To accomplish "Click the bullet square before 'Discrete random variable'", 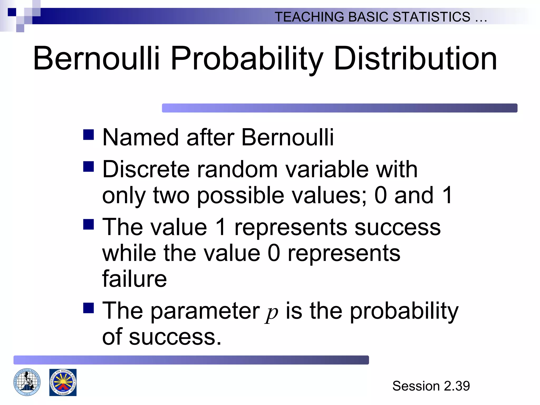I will click(89, 167).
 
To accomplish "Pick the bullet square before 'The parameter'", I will click(89, 308).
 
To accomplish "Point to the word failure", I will click(134, 279).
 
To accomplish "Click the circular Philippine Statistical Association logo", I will click(27, 382).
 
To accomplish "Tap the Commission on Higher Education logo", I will click(63, 382).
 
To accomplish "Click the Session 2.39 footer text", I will click(431, 386).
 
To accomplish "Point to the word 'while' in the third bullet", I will click(129, 253).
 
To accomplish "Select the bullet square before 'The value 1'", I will click(89, 224).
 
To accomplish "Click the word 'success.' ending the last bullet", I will click(175, 337).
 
